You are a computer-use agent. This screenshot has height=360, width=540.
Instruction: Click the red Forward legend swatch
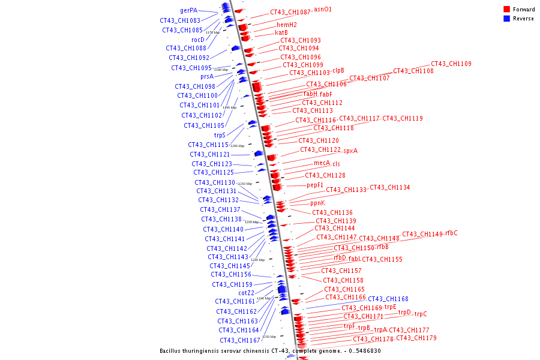click(507, 10)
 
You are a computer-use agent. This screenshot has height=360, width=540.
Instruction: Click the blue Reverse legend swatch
click(507, 19)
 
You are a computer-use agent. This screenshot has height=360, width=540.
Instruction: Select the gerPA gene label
click(189, 10)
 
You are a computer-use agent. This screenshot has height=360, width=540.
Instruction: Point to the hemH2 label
click(286, 25)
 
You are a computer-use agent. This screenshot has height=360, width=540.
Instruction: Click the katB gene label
click(281, 32)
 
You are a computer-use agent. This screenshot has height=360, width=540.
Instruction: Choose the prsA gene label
click(207, 76)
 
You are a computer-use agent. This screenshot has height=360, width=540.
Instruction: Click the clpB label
click(338, 70)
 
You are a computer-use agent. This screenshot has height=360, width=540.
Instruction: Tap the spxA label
click(350, 151)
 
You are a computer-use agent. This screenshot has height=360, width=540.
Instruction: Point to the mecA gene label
click(322, 163)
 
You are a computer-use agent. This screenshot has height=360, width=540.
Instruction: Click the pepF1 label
click(315, 185)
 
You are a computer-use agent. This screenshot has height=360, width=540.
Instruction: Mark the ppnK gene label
click(317, 203)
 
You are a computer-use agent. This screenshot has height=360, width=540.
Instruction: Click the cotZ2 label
click(247, 293)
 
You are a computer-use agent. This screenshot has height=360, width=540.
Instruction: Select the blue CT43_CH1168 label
click(388, 299)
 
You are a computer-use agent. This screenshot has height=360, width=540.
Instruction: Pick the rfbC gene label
click(451, 233)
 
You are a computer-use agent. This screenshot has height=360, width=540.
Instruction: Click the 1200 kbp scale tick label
click(237, 146)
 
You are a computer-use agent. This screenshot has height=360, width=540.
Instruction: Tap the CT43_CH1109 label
click(451, 64)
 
